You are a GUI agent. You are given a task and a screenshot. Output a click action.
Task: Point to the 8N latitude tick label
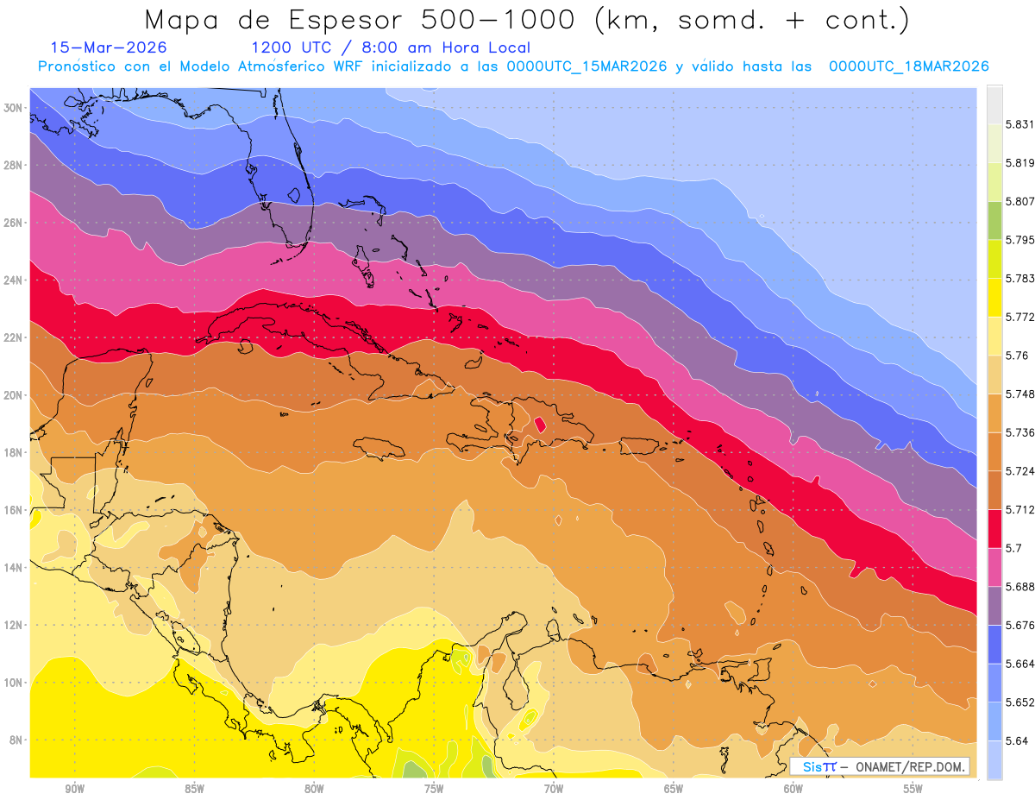pos(16,740)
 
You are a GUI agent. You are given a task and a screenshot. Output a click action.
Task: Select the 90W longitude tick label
pos(74,789)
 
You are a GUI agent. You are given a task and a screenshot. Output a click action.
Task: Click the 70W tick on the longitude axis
pos(554,789)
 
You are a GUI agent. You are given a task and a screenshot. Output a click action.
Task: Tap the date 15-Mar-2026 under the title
pos(109,47)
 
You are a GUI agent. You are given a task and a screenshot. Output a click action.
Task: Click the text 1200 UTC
pos(285,47)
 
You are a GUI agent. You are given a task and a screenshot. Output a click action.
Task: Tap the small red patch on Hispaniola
pos(540,425)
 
